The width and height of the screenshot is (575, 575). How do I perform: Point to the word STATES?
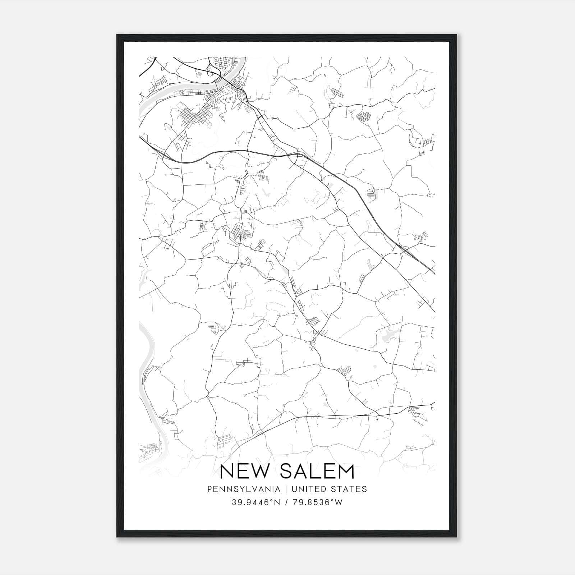(349, 489)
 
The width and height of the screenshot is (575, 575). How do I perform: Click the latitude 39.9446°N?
(255, 502)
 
